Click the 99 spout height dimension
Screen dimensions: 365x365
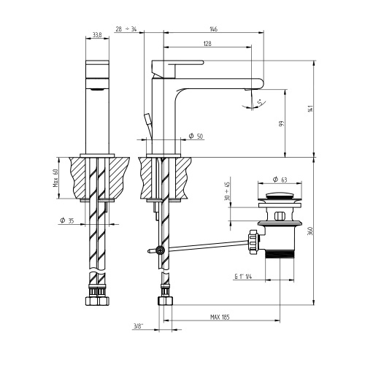pyautogui.click(x=282, y=124)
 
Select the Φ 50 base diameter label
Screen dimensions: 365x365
pyautogui.click(x=196, y=137)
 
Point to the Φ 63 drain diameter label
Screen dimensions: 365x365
pyautogui.click(x=279, y=179)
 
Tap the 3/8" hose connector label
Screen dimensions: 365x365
pyautogui.click(x=138, y=327)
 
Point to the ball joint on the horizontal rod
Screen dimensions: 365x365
pyautogui.click(x=160, y=251)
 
